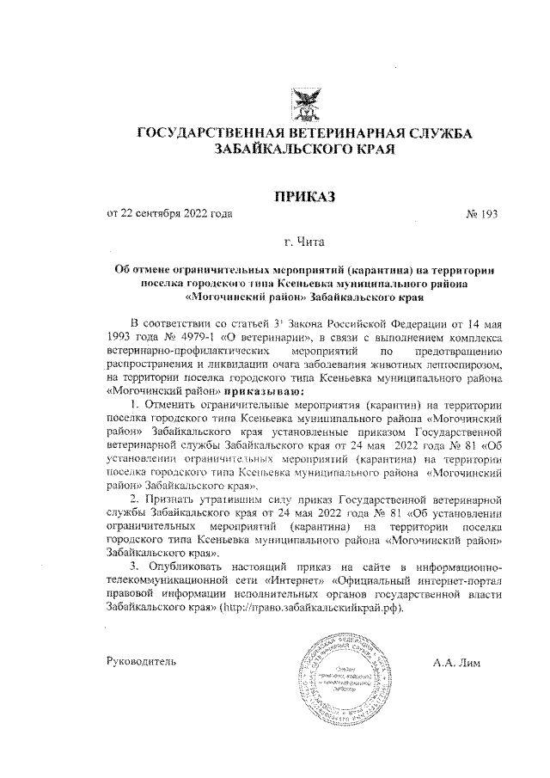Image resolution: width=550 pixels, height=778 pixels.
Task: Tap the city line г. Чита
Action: pos(305,243)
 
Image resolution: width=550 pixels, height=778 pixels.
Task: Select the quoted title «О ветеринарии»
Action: pos(261,336)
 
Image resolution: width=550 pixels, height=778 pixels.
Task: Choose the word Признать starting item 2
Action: pos(175,499)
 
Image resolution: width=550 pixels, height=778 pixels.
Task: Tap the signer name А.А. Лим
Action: pos(460,662)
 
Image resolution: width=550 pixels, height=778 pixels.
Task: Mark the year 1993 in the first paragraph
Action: pos(122,336)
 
